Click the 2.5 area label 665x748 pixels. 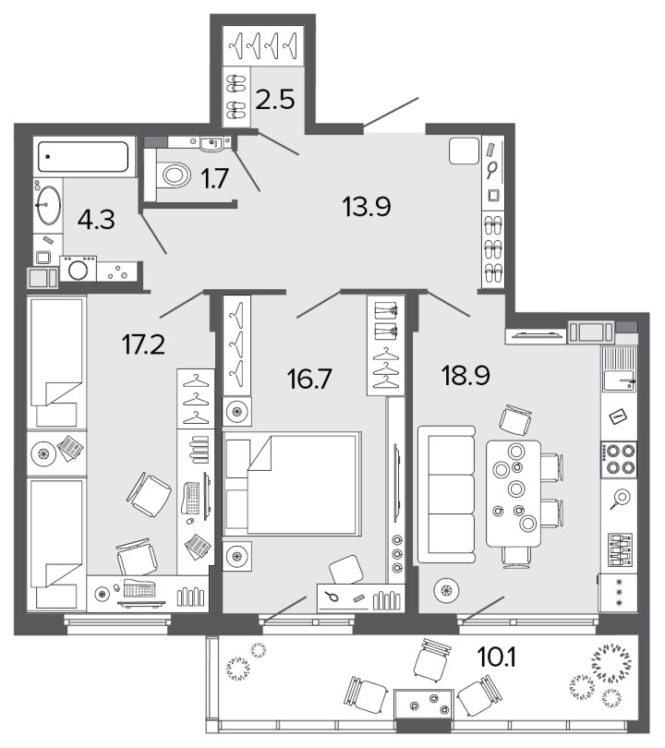pyautogui.click(x=275, y=100)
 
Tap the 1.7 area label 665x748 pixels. pyautogui.click(x=214, y=179)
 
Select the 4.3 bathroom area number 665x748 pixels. pyautogui.click(x=96, y=220)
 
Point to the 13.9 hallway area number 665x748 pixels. pyautogui.click(x=367, y=207)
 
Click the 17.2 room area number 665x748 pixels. pyautogui.click(x=143, y=344)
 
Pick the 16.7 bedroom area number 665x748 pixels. pyautogui.click(x=309, y=379)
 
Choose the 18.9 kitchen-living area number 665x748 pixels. pyautogui.click(x=465, y=375)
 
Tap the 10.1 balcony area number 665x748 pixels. pyautogui.click(x=496, y=658)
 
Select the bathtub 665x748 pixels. pyautogui.click(x=83, y=156)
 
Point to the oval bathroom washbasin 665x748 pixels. pyautogui.click(x=49, y=205)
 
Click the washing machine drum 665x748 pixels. pyautogui.click(x=78, y=270)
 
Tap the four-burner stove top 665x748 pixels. pyautogui.click(x=618, y=459)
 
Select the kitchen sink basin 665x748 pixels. pyautogui.click(x=619, y=380)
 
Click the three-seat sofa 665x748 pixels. pyautogui.click(x=446, y=494)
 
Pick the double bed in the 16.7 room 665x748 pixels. pyautogui.click(x=292, y=484)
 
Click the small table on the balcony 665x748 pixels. pyautogui.click(x=424, y=703)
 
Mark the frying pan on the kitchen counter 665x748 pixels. pyautogui.click(x=620, y=499)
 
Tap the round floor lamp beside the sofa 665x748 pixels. pyautogui.click(x=446, y=591)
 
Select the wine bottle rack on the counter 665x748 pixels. pyautogui.click(x=620, y=549)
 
